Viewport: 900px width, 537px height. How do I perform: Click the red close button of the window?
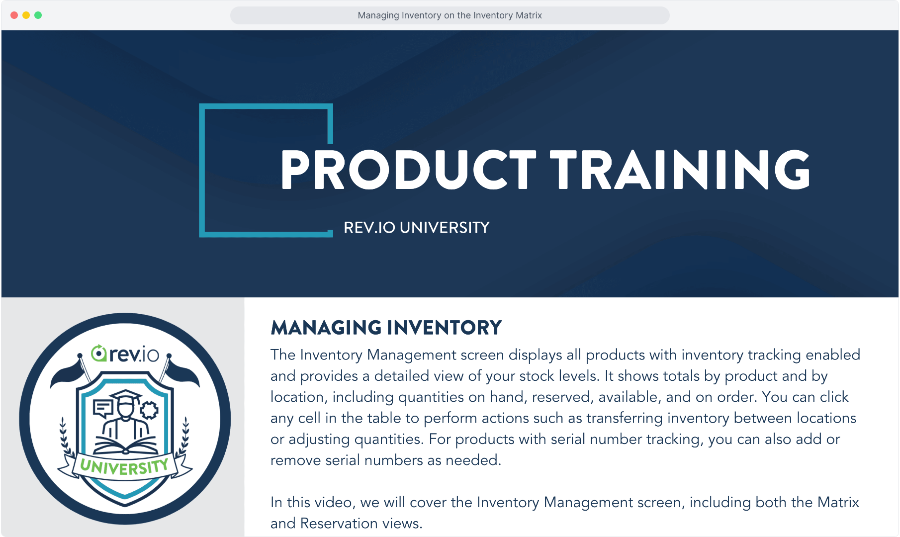14,15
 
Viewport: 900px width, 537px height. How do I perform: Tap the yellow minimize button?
26,15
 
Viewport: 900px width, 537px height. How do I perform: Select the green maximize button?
38,15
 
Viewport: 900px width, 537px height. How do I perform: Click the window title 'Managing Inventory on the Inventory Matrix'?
450,15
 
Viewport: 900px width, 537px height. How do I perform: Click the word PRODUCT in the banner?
408,170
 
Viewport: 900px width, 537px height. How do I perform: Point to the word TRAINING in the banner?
680,170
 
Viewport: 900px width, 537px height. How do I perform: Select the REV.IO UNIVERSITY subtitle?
417,228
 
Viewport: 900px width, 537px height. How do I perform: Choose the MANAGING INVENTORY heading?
386,328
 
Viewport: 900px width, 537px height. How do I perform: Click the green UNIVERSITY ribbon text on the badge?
124,467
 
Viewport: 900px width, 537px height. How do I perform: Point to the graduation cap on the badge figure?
126,397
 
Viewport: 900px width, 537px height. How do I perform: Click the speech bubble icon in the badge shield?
103,408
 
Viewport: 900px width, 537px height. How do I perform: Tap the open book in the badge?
125,445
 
